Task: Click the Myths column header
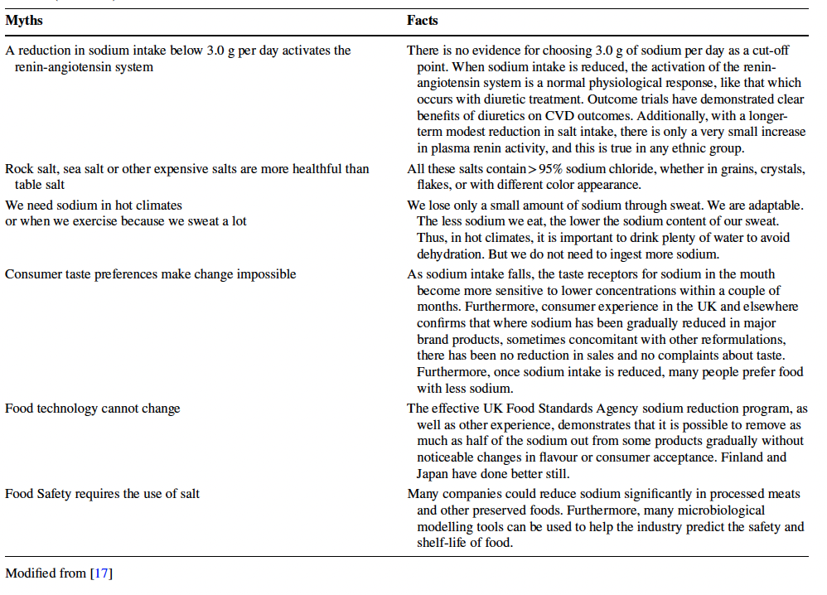point(24,21)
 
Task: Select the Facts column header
point(423,21)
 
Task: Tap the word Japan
point(433,474)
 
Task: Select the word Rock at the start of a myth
point(19,169)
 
